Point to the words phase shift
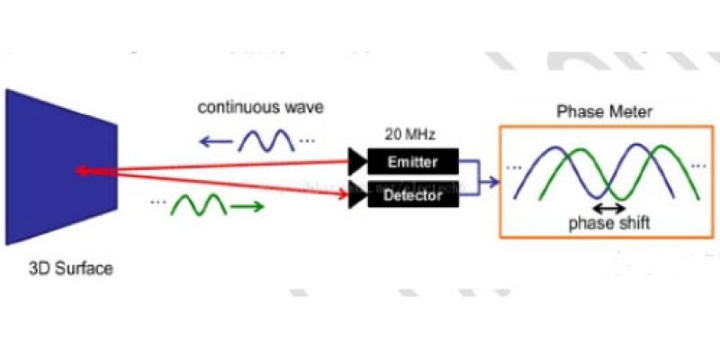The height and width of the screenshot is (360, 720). pyautogui.click(x=609, y=223)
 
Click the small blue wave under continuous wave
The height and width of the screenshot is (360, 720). pyautogui.click(x=267, y=139)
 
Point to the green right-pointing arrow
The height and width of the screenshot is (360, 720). pyautogui.click(x=248, y=207)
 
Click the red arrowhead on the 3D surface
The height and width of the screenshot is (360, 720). pyautogui.click(x=82, y=169)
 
